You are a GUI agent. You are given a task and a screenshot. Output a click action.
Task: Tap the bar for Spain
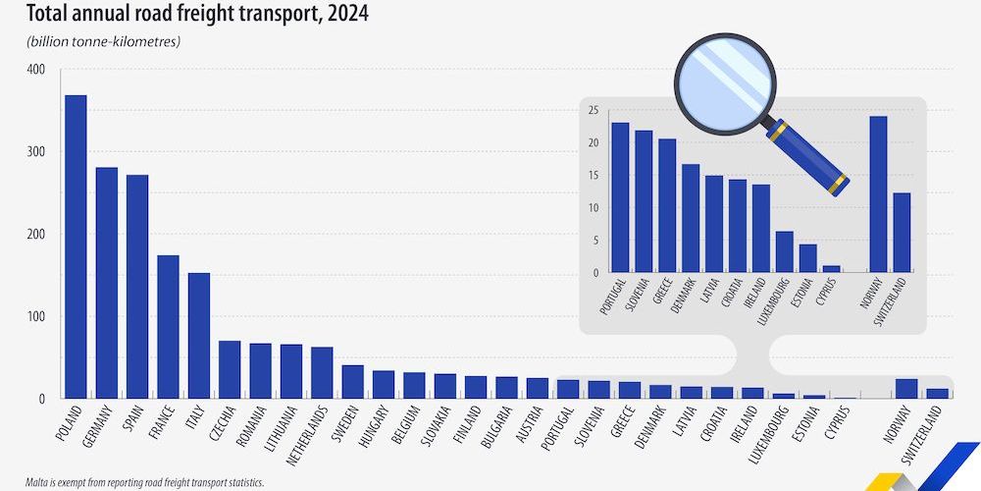(137, 287)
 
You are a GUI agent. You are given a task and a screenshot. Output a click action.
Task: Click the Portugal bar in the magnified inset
(620, 197)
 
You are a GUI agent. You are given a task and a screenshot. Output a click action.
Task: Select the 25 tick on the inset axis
(593, 111)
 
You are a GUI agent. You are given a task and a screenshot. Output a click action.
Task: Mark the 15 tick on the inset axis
(593, 176)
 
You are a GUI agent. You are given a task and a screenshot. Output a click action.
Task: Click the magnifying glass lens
(724, 82)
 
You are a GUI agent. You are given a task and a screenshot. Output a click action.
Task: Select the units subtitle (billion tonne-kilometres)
(96, 41)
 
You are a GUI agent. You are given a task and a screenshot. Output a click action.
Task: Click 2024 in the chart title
(331, 15)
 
